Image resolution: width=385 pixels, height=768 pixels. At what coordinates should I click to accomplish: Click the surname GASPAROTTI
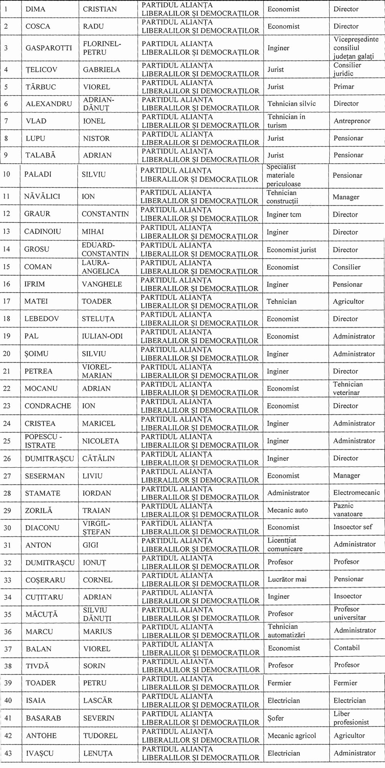49,48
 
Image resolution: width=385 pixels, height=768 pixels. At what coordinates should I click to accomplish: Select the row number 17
7,301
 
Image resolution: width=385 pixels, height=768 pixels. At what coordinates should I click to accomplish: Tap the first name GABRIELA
101,70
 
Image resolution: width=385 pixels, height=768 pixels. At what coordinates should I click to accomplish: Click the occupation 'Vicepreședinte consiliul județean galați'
356,48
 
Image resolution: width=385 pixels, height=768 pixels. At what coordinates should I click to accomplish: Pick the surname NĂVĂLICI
42,196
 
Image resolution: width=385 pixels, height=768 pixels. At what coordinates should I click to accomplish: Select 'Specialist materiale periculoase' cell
284,175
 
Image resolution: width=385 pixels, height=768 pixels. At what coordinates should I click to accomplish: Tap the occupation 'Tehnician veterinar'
348,388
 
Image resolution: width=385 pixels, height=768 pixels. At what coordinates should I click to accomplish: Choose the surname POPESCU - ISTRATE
43,441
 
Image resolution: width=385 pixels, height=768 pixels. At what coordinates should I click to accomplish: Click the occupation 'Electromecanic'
356,492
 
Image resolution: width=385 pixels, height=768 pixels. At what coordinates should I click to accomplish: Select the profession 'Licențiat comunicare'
285,545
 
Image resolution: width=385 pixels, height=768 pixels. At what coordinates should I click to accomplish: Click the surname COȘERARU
45,580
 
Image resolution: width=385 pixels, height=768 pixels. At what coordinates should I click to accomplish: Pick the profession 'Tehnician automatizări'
286,631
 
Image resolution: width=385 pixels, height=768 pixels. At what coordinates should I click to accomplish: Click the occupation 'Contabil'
347,648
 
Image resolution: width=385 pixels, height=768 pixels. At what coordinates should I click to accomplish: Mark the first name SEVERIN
99,718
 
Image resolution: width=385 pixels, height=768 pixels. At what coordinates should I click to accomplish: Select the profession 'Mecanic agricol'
292,735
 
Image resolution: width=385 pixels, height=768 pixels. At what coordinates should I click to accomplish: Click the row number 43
8,753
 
